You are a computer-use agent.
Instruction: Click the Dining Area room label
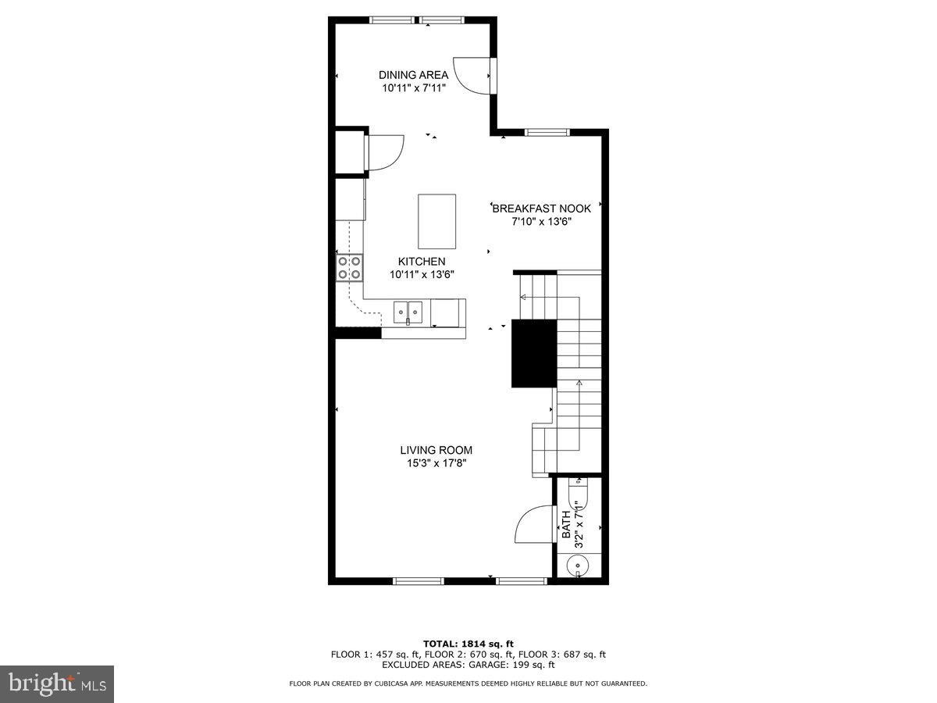tap(413, 75)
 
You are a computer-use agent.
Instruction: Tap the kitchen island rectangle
tap(436, 221)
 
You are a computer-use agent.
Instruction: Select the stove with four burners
tap(349, 267)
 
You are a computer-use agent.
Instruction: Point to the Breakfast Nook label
tap(541, 209)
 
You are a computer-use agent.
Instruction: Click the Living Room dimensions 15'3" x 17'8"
tap(436, 463)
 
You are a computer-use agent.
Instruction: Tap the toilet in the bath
tap(579, 494)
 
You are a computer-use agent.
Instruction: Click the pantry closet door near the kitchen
tap(385, 152)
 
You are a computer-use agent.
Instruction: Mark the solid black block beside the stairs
tap(533, 353)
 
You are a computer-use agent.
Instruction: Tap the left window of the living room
tap(417, 580)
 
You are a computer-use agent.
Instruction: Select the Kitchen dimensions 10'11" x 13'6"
tap(422, 274)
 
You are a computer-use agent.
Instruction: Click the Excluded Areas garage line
tap(468, 666)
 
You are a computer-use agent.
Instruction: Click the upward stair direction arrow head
tap(579, 383)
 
